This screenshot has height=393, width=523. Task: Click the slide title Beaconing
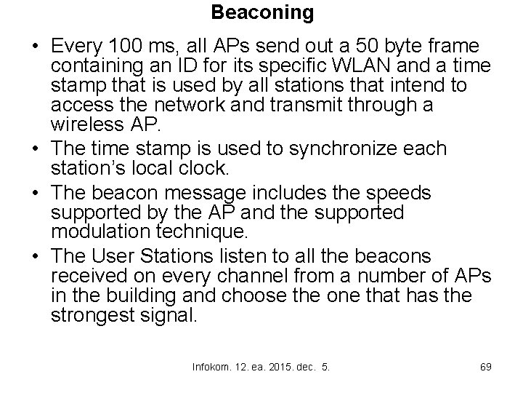262,12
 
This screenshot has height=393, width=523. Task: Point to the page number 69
485,367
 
